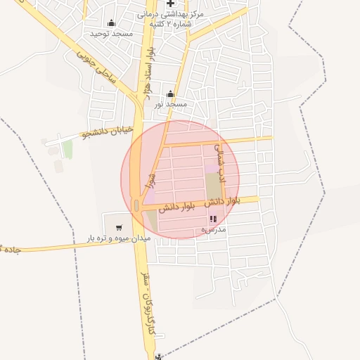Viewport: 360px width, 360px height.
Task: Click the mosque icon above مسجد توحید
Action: tap(111, 23)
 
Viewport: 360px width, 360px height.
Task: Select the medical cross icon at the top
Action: tap(170, 4)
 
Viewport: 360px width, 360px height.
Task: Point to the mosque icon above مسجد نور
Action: tap(169, 94)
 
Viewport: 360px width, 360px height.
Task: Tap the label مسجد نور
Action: tap(171, 104)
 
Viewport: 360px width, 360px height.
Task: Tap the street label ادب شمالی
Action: tap(218, 159)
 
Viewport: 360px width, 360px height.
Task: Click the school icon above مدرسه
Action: tap(213, 219)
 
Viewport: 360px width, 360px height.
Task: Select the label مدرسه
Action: tap(212, 229)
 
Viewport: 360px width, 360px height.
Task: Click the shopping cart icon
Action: tap(119, 227)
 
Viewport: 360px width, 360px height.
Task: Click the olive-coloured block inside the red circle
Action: tap(213, 185)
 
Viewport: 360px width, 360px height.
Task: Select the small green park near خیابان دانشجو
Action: tap(67, 149)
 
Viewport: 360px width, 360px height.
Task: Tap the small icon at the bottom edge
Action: tap(160, 356)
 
